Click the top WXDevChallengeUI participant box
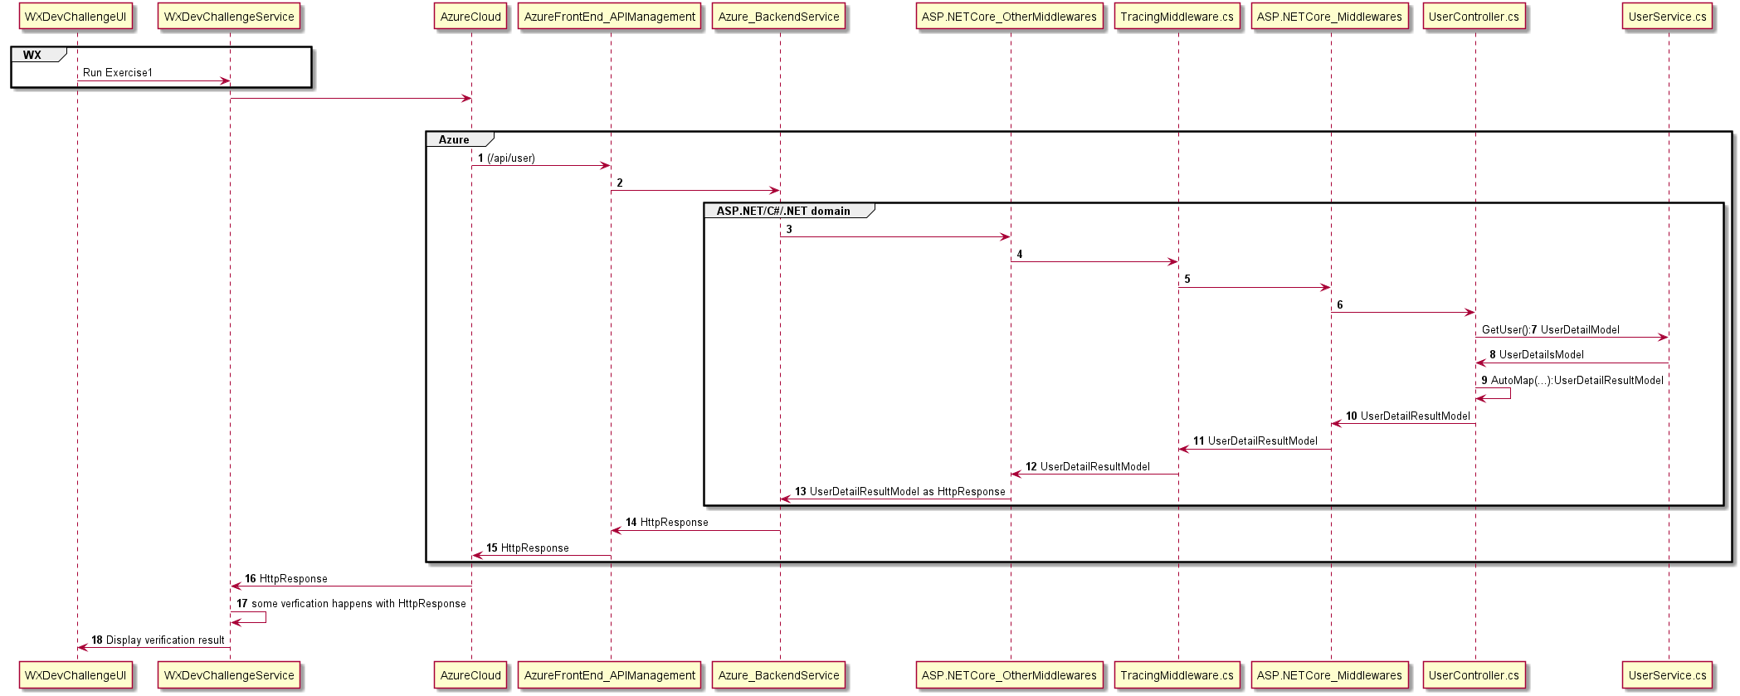pos(76,17)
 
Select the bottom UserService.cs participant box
pos(1667,675)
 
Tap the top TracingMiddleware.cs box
pos(1177,17)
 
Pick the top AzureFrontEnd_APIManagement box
pos(610,17)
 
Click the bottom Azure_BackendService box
pos(778,675)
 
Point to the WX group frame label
pos(33,55)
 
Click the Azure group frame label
pos(454,139)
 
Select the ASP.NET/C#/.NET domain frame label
pos(783,211)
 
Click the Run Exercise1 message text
pos(118,72)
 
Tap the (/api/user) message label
pos(511,158)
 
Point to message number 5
pos(1187,279)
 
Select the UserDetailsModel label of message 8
pos(1541,354)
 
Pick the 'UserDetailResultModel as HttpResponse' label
pos(907,491)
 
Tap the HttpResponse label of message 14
pos(674,522)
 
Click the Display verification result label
pos(165,640)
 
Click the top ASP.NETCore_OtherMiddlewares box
pos(1009,17)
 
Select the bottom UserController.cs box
pos(1474,675)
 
